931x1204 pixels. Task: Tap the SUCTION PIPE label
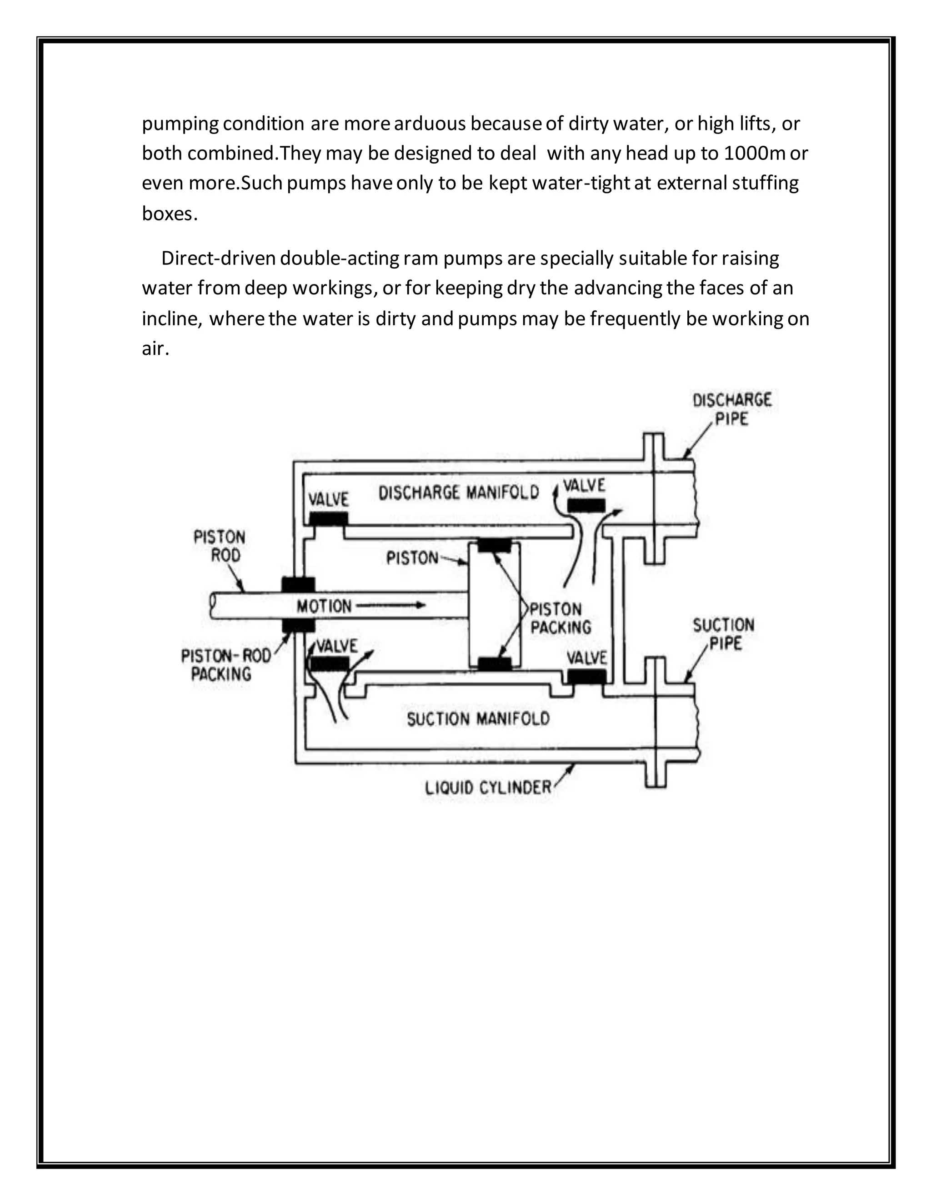(x=724, y=634)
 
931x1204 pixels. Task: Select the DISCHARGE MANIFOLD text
(x=458, y=493)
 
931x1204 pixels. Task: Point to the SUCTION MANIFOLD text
(x=478, y=719)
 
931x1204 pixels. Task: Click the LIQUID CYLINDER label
(x=488, y=787)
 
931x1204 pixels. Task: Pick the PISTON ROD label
(x=220, y=546)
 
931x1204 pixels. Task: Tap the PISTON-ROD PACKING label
(x=225, y=664)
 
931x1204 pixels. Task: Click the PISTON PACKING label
(x=560, y=618)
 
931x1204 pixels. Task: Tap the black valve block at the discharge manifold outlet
(x=586, y=505)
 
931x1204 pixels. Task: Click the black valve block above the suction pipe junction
(x=587, y=677)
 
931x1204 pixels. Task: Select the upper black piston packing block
(x=494, y=545)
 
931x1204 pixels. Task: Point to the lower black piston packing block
(x=494, y=664)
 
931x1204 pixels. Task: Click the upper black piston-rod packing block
(x=298, y=584)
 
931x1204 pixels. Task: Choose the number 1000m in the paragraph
(x=754, y=153)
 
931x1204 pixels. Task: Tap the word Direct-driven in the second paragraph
(x=218, y=258)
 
